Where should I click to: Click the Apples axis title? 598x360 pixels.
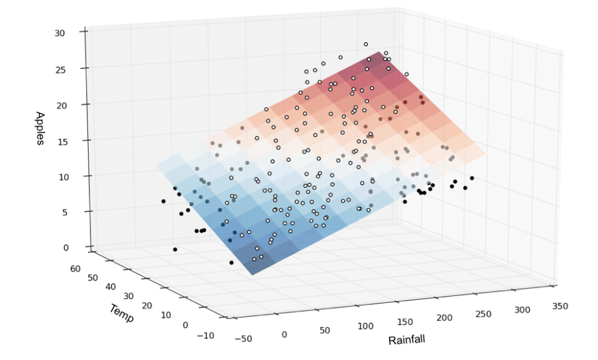[x=40, y=129]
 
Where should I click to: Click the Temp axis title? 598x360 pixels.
[x=121, y=313]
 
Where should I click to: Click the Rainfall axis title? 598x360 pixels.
[x=406, y=340]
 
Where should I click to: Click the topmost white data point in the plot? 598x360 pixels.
[x=366, y=44]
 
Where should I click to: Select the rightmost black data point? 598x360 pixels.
[x=472, y=178]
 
